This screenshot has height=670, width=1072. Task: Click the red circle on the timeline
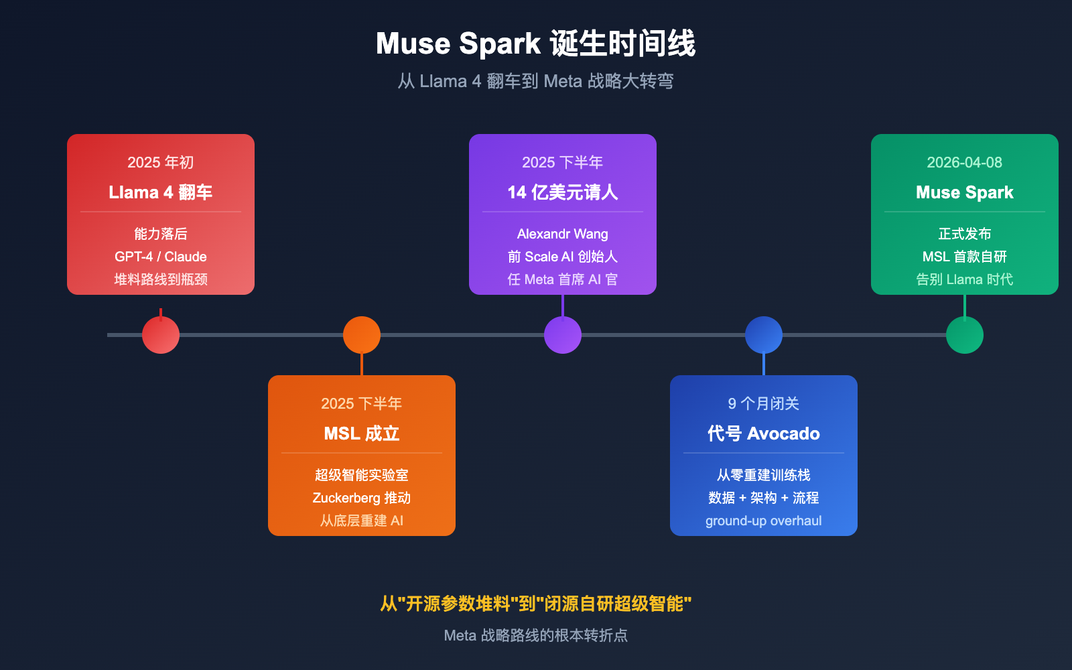pos(161,335)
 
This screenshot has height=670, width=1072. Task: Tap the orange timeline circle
pos(362,335)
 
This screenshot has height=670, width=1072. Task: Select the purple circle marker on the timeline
pos(563,335)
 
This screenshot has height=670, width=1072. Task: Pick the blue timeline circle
pos(764,335)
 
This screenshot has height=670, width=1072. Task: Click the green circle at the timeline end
pos(965,335)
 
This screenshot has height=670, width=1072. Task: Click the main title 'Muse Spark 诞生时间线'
pos(536,44)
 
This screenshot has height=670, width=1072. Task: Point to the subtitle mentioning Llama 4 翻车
pos(536,81)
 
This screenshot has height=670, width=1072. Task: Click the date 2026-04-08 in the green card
pos(965,162)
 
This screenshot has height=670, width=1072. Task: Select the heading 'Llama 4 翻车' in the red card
pos(161,192)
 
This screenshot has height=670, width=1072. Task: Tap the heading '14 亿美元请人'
pos(563,192)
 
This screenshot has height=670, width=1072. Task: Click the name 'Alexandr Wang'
pos(563,234)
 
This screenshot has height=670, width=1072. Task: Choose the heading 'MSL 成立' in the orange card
pos(362,433)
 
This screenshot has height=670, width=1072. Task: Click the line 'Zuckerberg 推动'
pos(362,498)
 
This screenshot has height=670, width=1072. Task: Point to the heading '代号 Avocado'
pos(764,433)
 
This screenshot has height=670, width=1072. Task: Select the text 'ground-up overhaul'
pos(764,521)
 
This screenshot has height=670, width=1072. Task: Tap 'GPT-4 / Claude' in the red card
pos(161,257)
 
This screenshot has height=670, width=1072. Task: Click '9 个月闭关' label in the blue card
pos(764,403)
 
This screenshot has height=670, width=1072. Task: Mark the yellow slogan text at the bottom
pos(536,604)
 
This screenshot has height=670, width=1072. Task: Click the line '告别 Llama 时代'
pos(965,279)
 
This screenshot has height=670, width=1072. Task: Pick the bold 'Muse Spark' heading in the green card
pos(965,192)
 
